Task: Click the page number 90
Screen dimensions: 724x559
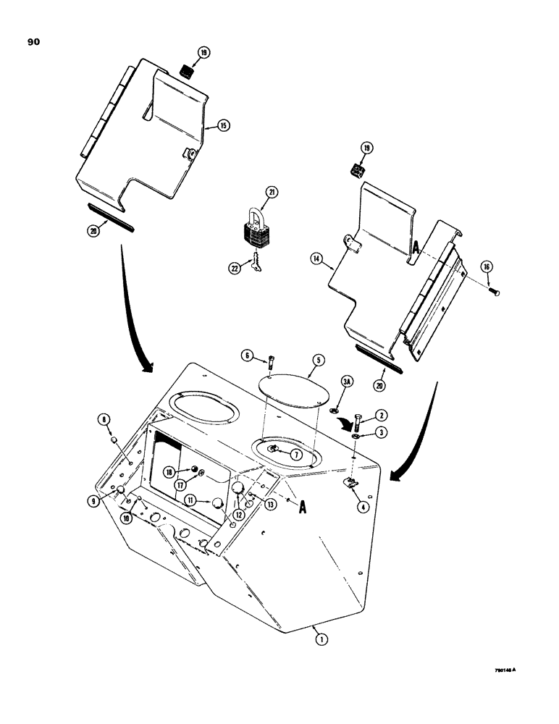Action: pos(33,43)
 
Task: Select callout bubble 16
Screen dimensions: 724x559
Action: pos(487,267)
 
